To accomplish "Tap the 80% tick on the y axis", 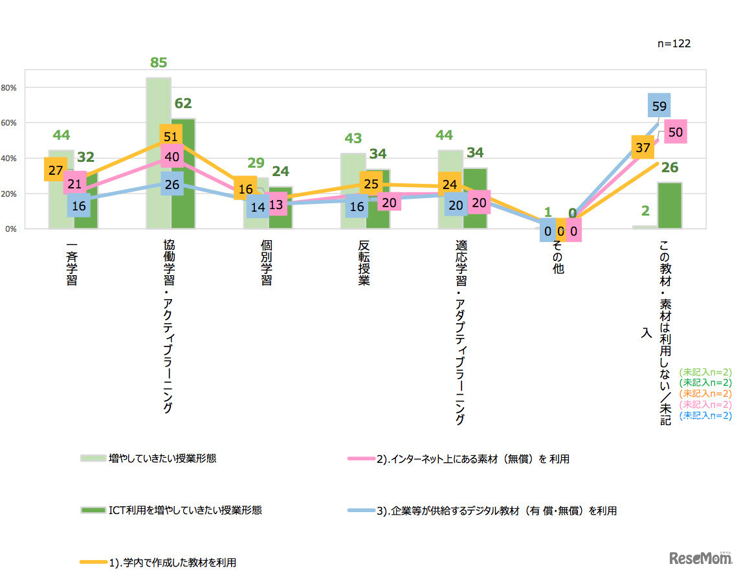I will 14,87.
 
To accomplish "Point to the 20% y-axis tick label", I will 14,194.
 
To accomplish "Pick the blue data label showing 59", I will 659,105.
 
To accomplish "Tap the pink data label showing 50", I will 674,132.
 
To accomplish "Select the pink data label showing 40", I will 172,156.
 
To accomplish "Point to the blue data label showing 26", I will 172,184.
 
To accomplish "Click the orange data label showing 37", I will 643,148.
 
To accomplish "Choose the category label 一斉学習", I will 72,264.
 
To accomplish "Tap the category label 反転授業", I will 364,264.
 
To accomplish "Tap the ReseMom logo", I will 701,557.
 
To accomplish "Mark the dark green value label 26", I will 670,168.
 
